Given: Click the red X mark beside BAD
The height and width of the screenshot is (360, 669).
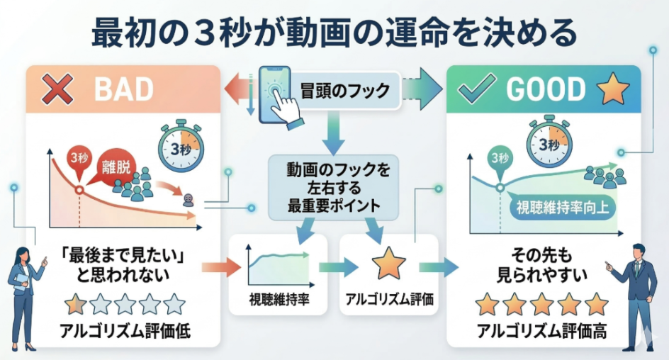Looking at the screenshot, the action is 57,89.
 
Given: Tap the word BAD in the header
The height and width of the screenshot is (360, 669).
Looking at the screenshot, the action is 123,89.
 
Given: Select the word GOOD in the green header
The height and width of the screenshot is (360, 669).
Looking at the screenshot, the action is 546,89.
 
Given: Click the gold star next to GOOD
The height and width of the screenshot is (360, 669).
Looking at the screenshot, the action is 613,89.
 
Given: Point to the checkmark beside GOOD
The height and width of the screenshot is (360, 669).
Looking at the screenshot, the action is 476,89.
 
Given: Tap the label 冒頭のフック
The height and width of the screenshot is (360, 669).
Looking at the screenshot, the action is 344,91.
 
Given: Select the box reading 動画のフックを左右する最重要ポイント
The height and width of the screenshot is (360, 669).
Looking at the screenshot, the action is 334,188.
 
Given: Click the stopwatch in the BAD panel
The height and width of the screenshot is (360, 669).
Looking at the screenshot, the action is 181,146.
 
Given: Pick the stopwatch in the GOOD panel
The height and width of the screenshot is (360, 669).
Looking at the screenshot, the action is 549,142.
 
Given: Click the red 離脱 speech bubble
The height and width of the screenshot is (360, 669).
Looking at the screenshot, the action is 113,168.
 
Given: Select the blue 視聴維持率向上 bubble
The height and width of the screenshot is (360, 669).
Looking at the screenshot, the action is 562,208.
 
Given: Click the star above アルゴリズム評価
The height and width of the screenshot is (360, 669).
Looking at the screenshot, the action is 388,264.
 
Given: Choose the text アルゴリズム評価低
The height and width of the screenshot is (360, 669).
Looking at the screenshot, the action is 125,331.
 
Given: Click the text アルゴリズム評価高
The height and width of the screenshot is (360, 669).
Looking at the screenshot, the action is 542,330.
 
